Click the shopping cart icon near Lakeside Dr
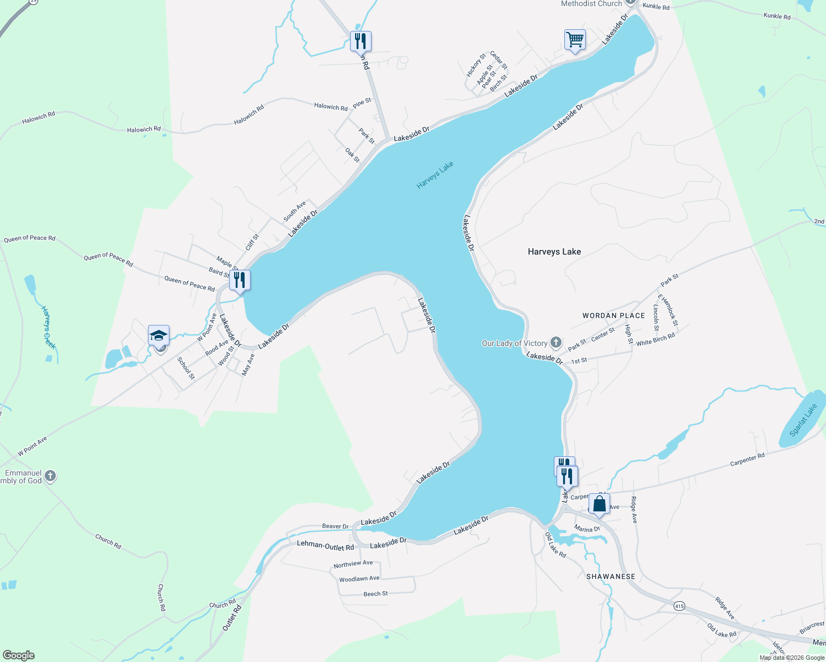[x=575, y=40]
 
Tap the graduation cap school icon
[x=158, y=335]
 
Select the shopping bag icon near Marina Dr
[x=599, y=504]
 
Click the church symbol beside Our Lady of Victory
[x=556, y=343]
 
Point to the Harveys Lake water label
[x=435, y=175]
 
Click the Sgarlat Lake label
[x=803, y=420]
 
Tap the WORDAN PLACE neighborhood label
[x=613, y=316]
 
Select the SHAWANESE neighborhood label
[x=611, y=576]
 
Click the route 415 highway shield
[x=679, y=606]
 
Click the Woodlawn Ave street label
[x=359, y=579]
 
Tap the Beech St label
[x=375, y=594]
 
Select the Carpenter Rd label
[x=747, y=460]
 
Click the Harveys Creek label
[x=49, y=328]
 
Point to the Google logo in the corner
[x=19, y=655]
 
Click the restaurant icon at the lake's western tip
[x=240, y=280]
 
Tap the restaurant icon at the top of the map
[x=361, y=41]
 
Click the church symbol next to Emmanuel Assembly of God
[x=50, y=476]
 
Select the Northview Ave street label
[x=353, y=564]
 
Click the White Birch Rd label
[x=655, y=340]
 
